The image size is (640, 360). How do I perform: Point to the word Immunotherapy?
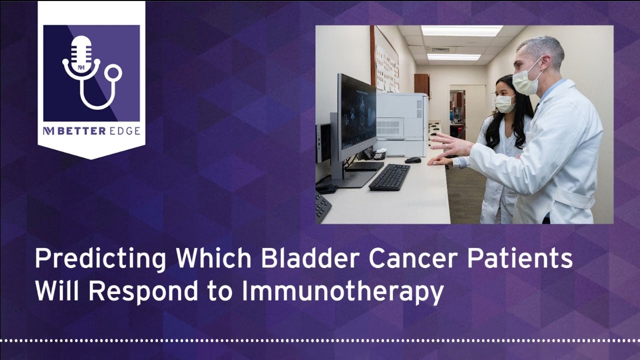(342, 292)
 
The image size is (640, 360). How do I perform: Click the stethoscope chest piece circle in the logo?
(114, 73)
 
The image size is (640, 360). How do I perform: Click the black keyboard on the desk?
(389, 176)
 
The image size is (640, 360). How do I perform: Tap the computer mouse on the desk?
(413, 160)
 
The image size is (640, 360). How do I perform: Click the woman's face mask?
(504, 103)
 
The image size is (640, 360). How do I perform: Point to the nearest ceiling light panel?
(461, 30)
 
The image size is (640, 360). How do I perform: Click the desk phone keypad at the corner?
(322, 205)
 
